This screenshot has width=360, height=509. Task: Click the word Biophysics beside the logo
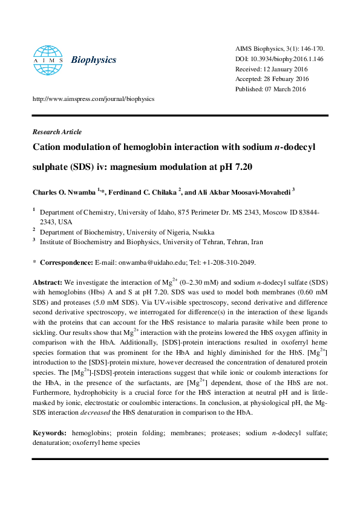[x=94, y=60]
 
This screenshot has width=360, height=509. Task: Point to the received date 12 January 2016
[x=284, y=69]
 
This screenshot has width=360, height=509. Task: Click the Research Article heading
[x=57, y=132]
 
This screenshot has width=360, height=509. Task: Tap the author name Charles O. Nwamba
[x=65, y=192]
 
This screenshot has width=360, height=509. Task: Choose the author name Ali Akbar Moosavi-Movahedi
[x=241, y=192]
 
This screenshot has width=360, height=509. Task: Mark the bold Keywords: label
[x=50, y=433]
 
